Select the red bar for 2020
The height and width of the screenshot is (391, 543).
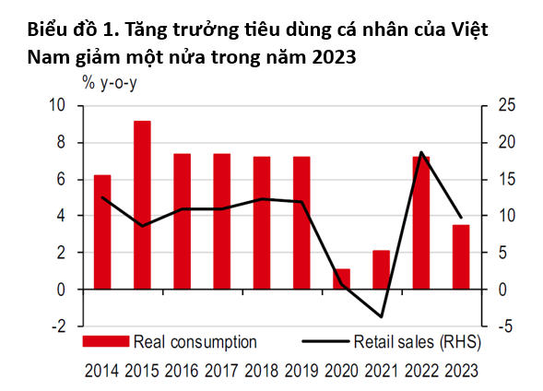341,278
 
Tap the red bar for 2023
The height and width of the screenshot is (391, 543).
461,256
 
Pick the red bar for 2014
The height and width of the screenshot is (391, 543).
102,231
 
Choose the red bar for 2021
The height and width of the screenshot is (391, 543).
381,269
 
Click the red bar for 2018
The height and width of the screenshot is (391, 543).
262,222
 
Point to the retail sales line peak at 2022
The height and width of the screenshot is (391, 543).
421,152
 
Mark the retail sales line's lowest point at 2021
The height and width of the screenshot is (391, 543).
381,317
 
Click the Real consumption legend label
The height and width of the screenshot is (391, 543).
195,342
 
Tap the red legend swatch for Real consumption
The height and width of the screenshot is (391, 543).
107,342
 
